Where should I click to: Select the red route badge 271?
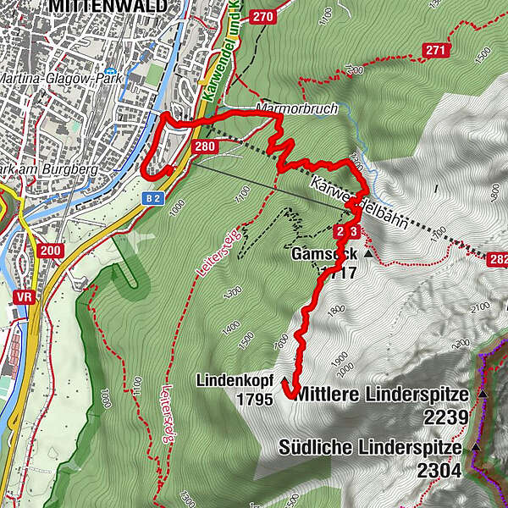pyautogui.click(x=435, y=52)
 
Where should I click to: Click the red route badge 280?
pyautogui.click(x=205, y=146)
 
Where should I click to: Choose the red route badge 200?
pyautogui.click(x=49, y=250)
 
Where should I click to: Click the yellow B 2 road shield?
pyautogui.click(x=152, y=197)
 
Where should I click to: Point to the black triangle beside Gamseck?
pyautogui.click(x=368, y=253)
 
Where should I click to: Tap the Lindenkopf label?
pyautogui.click(x=235, y=380)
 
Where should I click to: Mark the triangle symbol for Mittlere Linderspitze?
pyautogui.click(x=483, y=395)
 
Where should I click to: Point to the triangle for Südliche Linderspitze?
pyautogui.click(x=476, y=446)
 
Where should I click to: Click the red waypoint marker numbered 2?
pyautogui.click(x=341, y=230)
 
